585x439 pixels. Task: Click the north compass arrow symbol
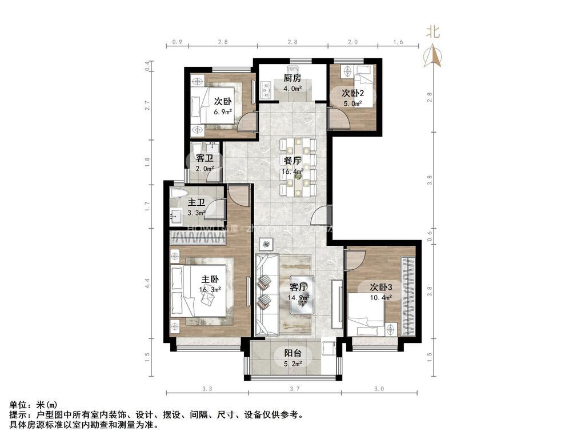pyautogui.click(x=433, y=55)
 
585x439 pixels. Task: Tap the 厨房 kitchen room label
pyautogui.click(x=292, y=78)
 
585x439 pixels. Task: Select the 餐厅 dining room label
pyautogui.click(x=292, y=161)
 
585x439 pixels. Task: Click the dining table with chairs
pyautogui.click(x=298, y=166)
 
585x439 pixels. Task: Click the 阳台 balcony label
pyautogui.click(x=292, y=353)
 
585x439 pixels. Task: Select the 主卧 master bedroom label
pyautogui.click(x=210, y=280)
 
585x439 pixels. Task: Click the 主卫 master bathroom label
pyautogui.click(x=197, y=202)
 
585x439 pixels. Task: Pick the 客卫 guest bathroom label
pyautogui.click(x=205, y=158)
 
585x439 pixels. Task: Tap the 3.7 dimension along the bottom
pyautogui.click(x=294, y=389)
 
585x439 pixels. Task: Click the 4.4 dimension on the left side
pyautogui.click(x=147, y=283)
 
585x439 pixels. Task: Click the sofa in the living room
pyautogui.click(x=265, y=294)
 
